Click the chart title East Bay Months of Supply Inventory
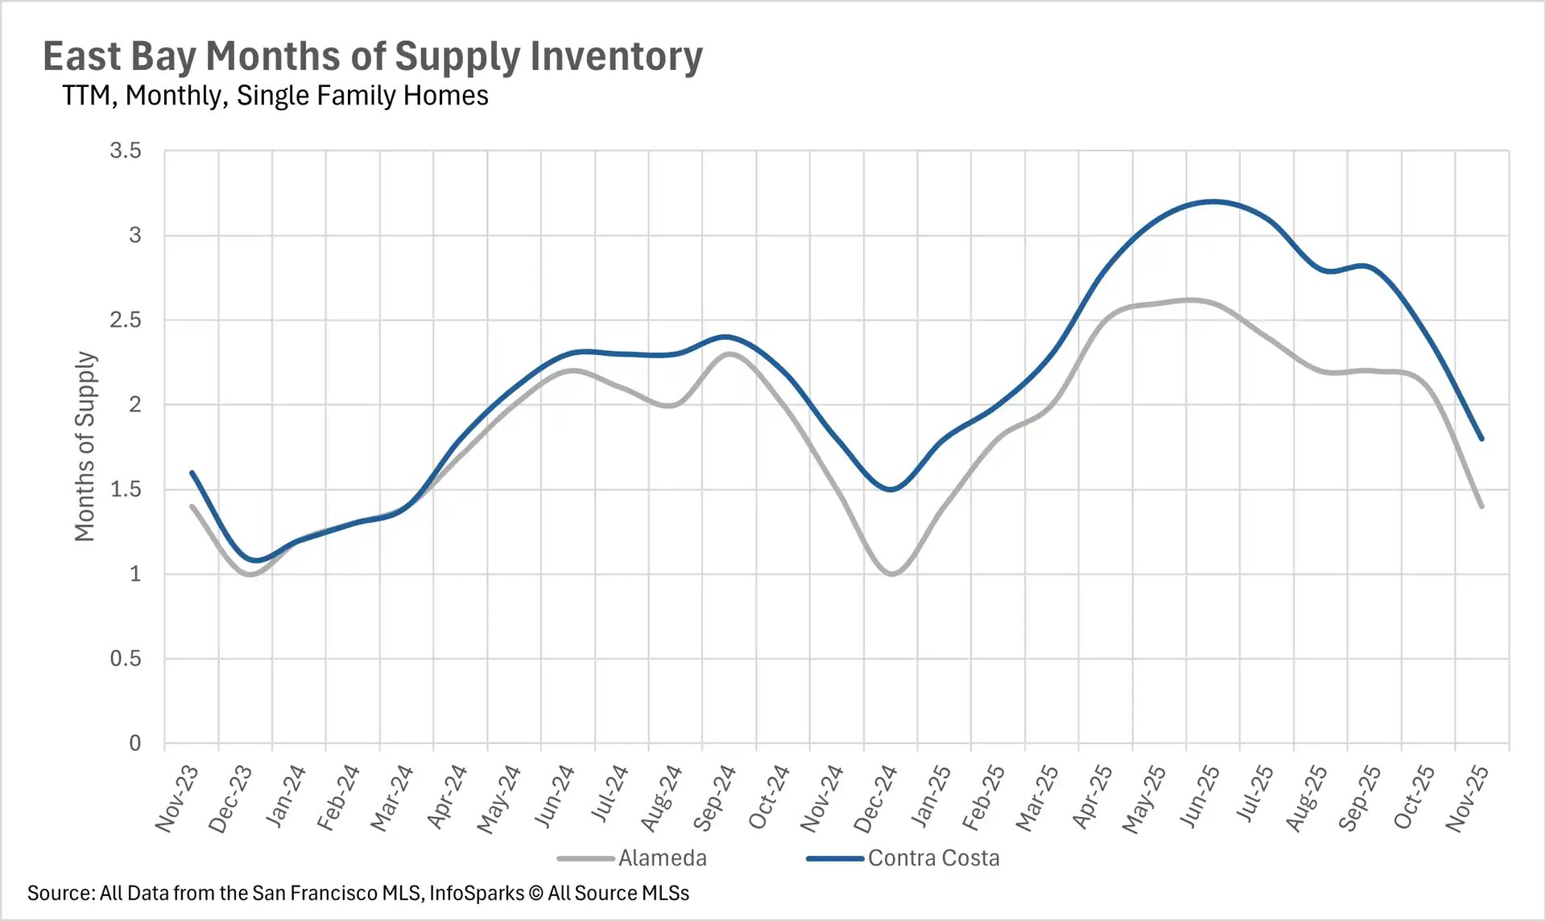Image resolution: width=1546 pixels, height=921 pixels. coord(372,56)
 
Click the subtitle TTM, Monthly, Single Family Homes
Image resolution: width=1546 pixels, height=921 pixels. coord(275,96)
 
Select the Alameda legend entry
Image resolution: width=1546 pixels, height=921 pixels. coord(661,858)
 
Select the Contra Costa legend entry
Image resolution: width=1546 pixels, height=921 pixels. coord(932,858)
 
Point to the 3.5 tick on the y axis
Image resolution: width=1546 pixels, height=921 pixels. coord(126,151)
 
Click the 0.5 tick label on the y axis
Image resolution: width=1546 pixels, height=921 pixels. coord(126,659)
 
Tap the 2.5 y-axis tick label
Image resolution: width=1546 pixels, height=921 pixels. coord(126,320)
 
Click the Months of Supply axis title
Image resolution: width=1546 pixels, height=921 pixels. coord(85,447)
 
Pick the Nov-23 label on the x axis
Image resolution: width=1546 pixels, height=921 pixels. coord(177,799)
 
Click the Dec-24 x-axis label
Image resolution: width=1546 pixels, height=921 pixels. coord(876,799)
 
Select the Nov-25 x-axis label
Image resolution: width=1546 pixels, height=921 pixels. coord(1467,799)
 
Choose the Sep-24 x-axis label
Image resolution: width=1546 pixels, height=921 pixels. coord(715,799)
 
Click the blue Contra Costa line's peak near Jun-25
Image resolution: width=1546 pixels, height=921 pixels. coord(1213,201)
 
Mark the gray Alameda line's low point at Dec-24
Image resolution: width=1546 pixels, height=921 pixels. coord(891,574)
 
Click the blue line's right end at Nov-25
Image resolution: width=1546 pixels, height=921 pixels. coord(1482,439)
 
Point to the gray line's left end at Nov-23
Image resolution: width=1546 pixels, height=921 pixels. coord(192,506)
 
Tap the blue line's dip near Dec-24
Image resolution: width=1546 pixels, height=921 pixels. coord(891,489)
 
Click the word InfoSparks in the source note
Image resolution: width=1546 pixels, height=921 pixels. coord(476,894)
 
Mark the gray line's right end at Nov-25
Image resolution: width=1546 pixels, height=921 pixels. coord(1482,506)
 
